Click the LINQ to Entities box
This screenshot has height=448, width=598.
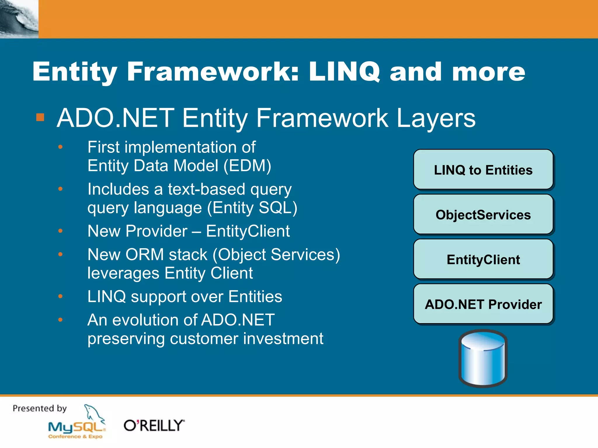pos(483,170)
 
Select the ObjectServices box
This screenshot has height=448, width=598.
pos(483,215)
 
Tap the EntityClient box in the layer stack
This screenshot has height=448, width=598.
pos(483,259)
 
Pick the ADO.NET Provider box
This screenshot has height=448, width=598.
pos(483,304)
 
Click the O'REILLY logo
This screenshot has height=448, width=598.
pos(154,426)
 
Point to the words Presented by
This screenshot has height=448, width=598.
pos(40,408)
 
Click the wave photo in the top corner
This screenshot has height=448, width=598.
pos(19,19)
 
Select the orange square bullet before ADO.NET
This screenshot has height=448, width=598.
pos(40,117)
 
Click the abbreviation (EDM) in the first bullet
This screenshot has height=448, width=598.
pos(248,166)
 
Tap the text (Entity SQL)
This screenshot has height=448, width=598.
pos(252,208)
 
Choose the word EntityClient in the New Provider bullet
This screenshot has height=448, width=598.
pos(248,231)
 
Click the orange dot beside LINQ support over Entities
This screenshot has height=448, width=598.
pos(60,296)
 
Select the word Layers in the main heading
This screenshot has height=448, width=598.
pos(436,118)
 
